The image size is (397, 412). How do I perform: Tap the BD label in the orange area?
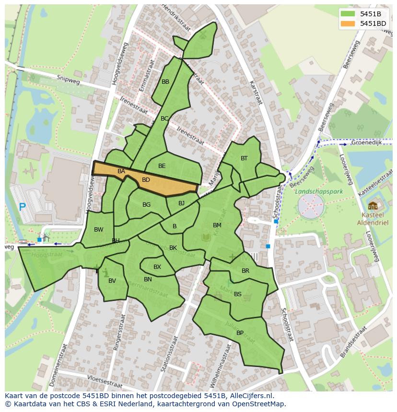(146, 180)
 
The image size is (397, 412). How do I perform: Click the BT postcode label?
(244, 158)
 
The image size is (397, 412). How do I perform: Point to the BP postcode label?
(240, 333)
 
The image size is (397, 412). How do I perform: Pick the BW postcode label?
(98, 230)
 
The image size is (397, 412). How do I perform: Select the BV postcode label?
(112, 281)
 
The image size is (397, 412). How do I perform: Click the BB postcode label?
(165, 82)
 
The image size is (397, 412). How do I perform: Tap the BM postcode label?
(217, 225)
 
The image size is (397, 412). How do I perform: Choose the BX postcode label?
(157, 267)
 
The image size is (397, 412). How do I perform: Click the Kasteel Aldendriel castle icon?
(373, 206)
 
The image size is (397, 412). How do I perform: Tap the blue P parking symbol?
(22, 207)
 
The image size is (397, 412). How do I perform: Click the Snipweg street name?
(68, 79)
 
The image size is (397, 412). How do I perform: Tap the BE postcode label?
(162, 166)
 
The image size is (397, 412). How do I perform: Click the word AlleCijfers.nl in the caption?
(249, 396)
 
